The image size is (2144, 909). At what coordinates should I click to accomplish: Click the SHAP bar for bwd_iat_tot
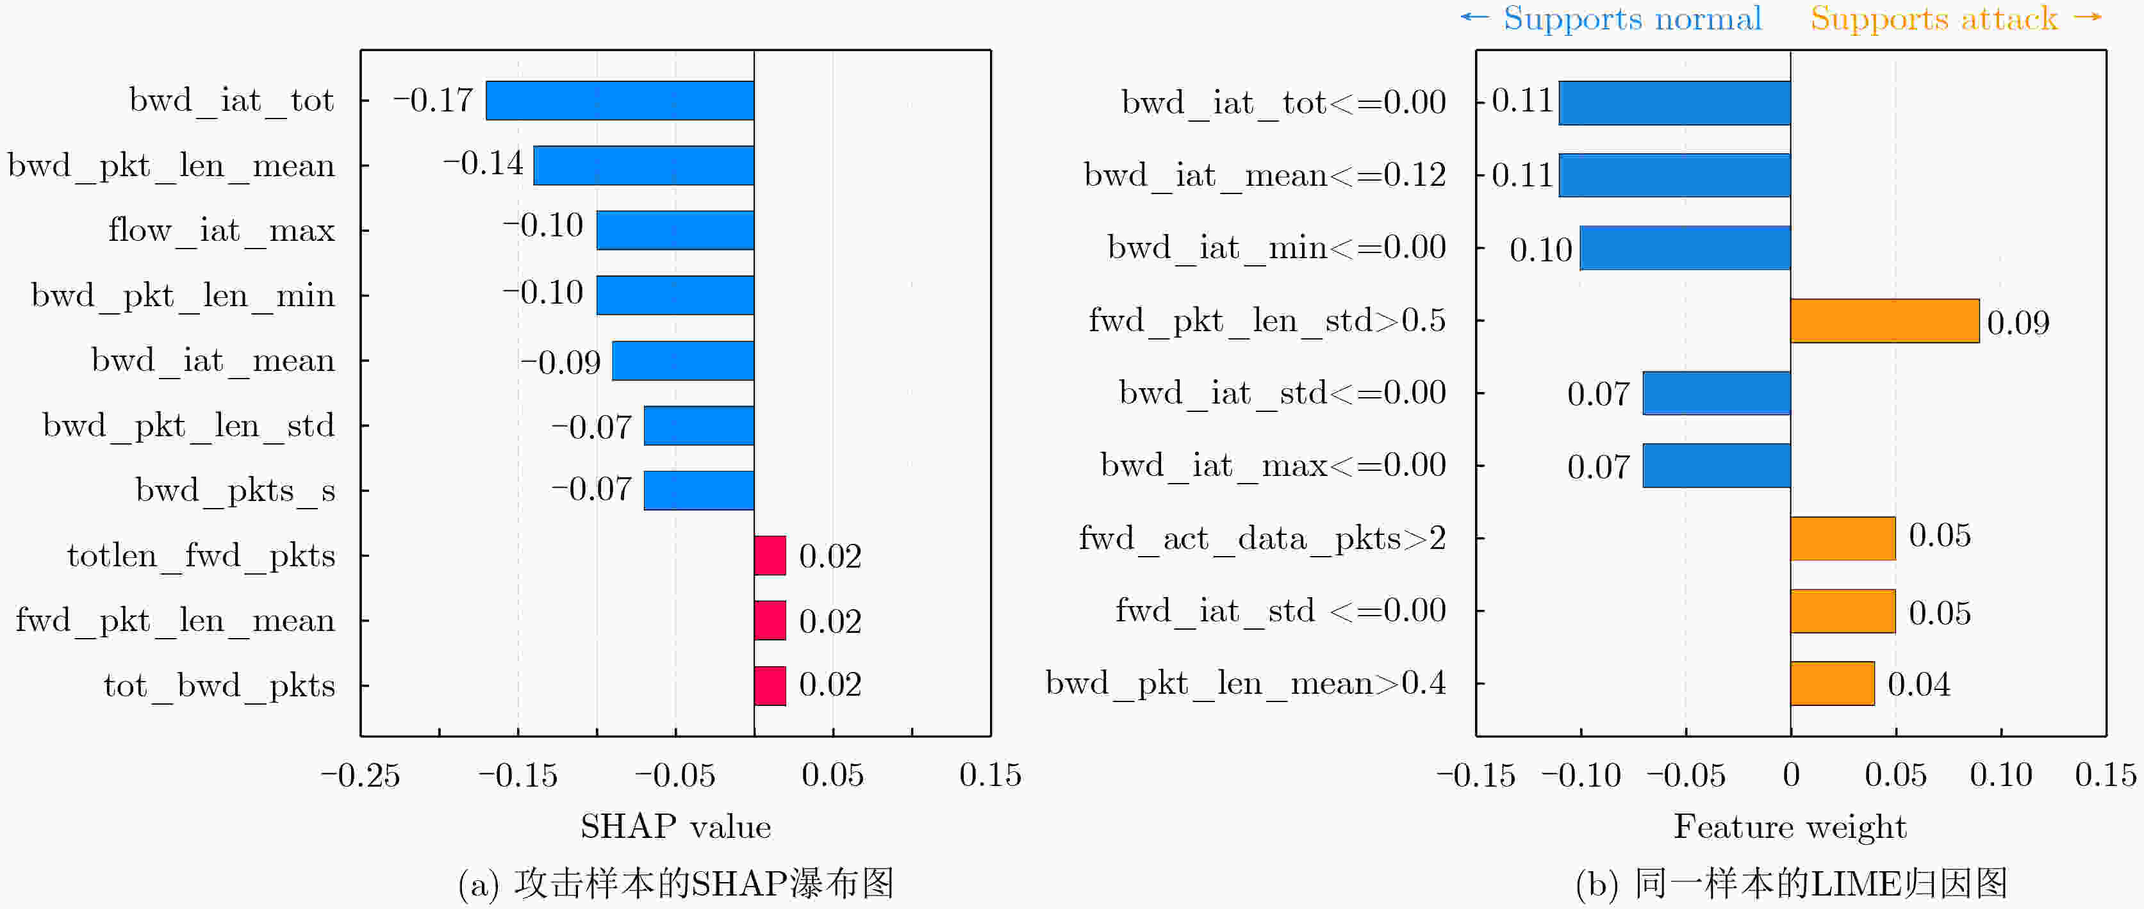click(x=620, y=100)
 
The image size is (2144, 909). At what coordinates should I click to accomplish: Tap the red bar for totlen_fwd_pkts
click(x=770, y=555)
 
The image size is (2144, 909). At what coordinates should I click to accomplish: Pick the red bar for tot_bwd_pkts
click(x=770, y=686)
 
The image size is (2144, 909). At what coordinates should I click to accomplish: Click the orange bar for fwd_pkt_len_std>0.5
click(x=1884, y=320)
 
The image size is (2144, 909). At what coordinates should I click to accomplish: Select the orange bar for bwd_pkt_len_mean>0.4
click(x=1832, y=684)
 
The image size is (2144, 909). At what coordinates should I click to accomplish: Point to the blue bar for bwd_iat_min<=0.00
click(x=1685, y=248)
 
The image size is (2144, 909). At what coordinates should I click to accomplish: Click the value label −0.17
click(x=433, y=100)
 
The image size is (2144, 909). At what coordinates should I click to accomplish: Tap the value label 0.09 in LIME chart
click(x=2018, y=322)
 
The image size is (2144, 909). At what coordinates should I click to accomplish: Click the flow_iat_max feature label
click(x=222, y=230)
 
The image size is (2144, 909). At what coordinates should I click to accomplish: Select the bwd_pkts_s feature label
click(x=236, y=490)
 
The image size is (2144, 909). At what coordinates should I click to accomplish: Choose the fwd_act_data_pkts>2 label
click(x=1262, y=539)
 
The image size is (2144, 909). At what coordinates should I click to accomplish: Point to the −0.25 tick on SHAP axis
click(x=360, y=775)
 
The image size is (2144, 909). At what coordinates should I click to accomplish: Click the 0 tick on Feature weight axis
click(x=1791, y=775)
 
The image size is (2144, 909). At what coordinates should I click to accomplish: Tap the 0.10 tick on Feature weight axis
click(x=2001, y=775)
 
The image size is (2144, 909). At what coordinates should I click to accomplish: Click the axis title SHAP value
click(x=675, y=826)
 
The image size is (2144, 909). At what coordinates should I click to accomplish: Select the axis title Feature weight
click(x=1790, y=826)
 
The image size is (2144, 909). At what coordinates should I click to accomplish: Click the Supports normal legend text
click(x=1631, y=19)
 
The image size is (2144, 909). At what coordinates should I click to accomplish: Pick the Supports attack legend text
click(x=1933, y=19)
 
